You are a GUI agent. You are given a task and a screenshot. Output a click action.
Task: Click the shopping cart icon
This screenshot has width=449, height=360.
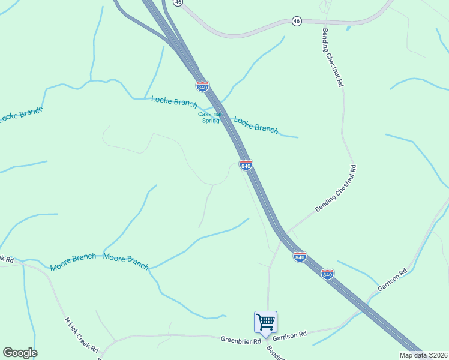point(265,322)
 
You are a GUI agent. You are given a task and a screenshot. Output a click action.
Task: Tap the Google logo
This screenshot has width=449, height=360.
point(20,353)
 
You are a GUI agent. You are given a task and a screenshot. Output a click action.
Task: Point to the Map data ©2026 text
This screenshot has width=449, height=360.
point(423,355)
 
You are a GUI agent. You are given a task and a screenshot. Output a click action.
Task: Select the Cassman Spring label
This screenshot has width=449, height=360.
point(210,117)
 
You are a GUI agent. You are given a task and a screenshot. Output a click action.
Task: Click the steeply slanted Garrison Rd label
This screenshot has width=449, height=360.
point(393,280)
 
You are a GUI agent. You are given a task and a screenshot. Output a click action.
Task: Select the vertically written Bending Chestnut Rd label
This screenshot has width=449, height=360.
point(333,58)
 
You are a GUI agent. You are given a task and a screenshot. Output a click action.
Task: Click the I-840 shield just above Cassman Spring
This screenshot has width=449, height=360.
point(202,86)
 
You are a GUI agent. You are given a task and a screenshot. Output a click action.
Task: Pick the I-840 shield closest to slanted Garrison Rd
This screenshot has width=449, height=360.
point(327,274)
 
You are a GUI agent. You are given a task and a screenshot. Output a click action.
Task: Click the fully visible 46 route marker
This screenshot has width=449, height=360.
point(297,21)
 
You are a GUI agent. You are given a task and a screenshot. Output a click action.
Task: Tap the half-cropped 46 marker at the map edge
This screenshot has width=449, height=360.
point(178,2)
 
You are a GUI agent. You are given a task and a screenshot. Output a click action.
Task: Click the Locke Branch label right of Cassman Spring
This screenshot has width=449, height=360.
point(256,125)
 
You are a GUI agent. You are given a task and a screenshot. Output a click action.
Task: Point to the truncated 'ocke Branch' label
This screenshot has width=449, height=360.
point(22,114)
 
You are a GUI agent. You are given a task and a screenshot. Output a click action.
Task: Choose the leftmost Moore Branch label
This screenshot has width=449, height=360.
point(73,262)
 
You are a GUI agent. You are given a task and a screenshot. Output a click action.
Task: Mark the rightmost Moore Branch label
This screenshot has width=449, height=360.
point(126,262)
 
